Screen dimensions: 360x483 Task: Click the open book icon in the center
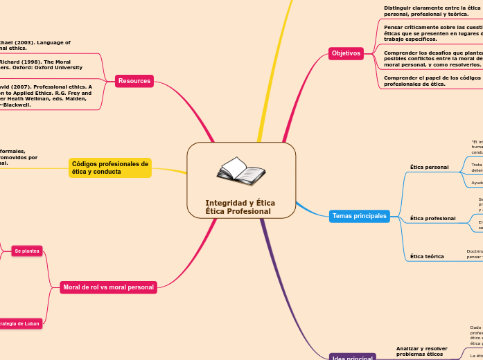tap(240, 171)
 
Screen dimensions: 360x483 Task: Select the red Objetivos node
tap(346, 53)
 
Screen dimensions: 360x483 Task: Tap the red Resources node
tap(134, 81)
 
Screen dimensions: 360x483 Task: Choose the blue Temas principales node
tap(359, 216)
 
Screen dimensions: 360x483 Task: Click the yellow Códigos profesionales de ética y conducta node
tap(110, 168)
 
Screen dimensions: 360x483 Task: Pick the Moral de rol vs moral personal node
tap(108, 287)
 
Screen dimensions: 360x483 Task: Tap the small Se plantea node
tap(27, 251)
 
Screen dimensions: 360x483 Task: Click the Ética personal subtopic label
tap(429, 167)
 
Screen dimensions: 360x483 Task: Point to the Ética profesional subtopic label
tap(432, 218)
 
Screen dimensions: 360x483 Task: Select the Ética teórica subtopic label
tap(427, 256)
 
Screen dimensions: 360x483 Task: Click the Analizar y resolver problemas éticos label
tap(421, 351)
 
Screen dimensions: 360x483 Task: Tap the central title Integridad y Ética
tap(240, 203)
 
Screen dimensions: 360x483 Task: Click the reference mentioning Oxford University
tap(41, 64)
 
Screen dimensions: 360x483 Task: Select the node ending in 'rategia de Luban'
tap(20, 323)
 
